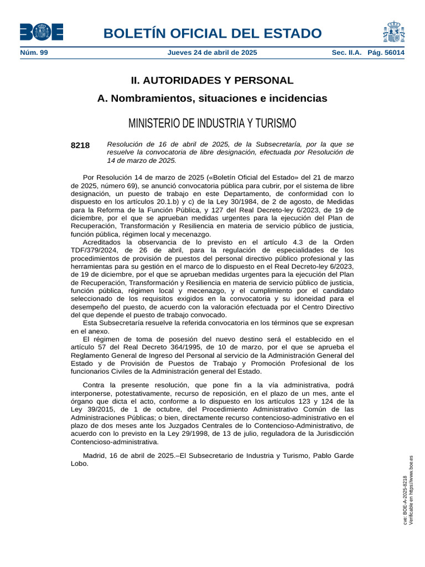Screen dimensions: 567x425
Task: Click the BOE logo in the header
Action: click(42, 32)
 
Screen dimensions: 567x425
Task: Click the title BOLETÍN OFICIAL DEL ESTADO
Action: click(212, 33)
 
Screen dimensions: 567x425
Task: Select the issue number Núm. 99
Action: click(34, 53)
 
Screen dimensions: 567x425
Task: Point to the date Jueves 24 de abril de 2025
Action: click(212, 53)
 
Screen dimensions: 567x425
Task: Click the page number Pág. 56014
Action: click(386, 53)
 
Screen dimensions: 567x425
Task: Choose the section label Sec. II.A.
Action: click(346, 53)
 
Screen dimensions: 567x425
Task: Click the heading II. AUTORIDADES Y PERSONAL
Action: click(212, 80)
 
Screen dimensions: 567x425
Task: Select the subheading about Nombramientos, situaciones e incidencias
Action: click(212, 99)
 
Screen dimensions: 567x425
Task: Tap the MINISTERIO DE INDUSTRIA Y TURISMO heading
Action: click(212, 123)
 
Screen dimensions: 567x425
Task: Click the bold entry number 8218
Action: click(80, 145)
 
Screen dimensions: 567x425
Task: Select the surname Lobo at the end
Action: click(79, 464)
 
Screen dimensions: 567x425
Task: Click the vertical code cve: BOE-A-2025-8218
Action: click(405, 501)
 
